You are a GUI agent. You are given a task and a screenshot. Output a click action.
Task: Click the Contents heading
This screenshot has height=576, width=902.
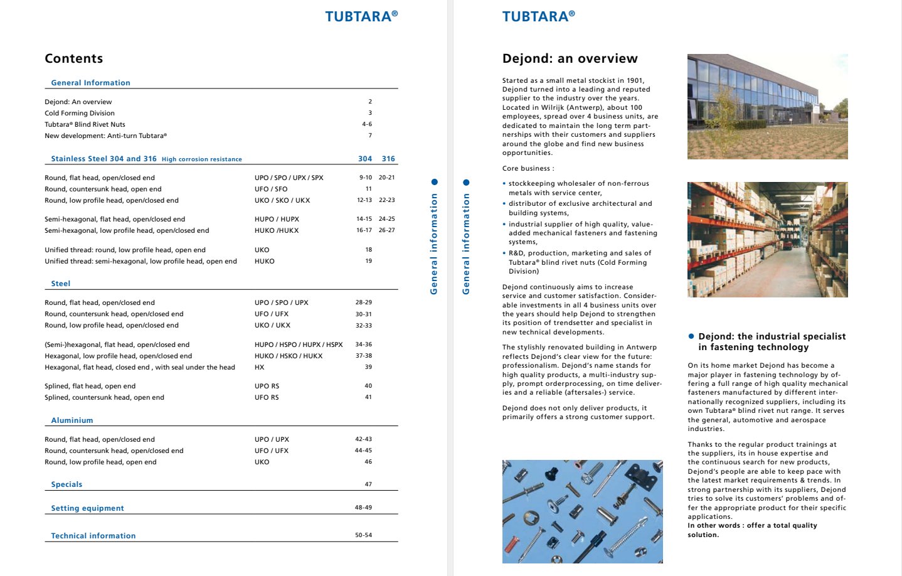tap(73, 58)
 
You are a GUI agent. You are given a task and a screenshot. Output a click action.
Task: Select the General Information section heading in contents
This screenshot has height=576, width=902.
tap(90, 83)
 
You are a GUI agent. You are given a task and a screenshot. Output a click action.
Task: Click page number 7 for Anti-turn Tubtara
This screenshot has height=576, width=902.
tap(370, 136)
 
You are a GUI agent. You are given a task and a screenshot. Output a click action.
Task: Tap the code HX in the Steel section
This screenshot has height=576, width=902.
tap(259, 367)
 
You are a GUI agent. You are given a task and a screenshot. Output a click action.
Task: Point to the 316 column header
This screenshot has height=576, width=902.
tap(388, 159)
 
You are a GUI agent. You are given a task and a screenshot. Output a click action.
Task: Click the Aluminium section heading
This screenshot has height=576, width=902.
tap(72, 420)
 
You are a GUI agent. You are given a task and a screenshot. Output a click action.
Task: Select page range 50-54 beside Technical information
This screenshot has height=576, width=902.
tap(363, 535)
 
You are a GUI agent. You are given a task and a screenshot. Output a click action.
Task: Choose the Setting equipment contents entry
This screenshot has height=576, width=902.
tap(87, 508)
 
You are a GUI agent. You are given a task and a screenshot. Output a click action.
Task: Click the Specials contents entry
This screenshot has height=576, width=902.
tap(66, 484)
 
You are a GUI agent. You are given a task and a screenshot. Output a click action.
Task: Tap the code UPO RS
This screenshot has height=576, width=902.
tap(267, 386)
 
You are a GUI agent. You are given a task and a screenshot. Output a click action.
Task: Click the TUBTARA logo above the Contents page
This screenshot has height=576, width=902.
tap(361, 16)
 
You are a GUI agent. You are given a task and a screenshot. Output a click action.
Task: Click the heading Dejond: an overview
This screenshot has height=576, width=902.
tap(570, 58)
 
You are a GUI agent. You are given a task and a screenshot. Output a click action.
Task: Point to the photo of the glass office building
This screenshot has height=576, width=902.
tap(767, 106)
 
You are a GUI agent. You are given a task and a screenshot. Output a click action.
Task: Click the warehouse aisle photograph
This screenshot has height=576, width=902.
tap(767, 239)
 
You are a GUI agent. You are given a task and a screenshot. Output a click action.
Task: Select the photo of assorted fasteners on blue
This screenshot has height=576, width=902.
tap(582, 511)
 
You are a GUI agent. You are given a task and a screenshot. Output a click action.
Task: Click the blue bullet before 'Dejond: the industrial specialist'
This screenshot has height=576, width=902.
tap(691, 336)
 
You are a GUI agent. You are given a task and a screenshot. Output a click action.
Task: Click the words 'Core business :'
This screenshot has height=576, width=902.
tap(528, 168)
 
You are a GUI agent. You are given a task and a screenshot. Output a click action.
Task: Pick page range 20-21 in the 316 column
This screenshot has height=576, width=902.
tap(386, 178)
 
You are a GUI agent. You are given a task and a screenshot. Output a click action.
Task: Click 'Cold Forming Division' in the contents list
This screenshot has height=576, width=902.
tap(79, 113)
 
